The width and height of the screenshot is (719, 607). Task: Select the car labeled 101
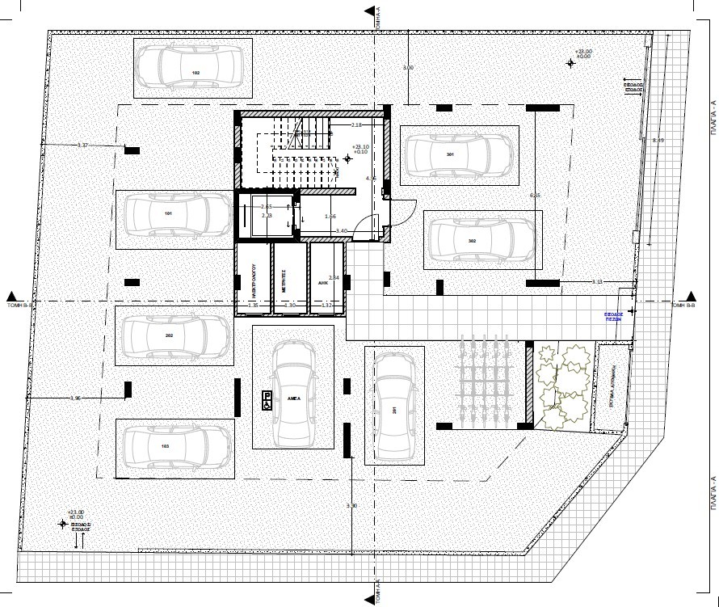[174, 215]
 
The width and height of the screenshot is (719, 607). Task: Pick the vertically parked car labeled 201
[394, 406]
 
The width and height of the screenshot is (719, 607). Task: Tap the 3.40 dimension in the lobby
[343, 231]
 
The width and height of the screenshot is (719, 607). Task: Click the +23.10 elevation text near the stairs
[360, 147]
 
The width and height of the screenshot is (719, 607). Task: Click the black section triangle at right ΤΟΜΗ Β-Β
[692, 295]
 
